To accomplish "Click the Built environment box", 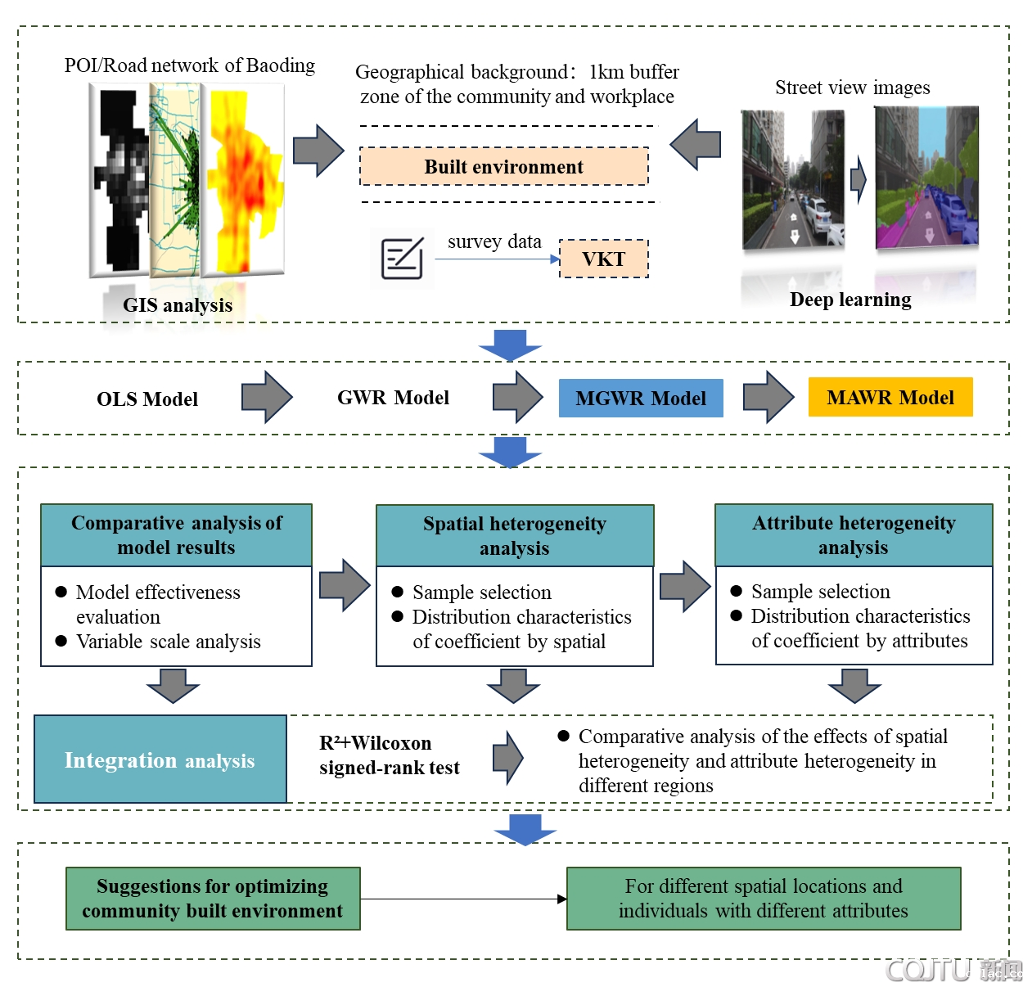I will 504,167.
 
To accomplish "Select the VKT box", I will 603,259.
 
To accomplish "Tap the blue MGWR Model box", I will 641,399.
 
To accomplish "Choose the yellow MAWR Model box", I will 890,398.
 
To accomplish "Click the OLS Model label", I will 147,399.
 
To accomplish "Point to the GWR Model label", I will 393,398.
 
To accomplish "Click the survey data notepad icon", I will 402,259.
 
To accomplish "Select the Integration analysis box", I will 160,760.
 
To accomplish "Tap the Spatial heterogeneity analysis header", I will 515,536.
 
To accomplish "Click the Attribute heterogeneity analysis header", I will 854,535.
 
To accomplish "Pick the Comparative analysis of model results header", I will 177,535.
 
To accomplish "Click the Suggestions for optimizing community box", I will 213,899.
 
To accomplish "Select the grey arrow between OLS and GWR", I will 267,398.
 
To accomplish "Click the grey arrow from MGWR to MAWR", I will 768,398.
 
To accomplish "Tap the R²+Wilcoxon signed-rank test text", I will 389,755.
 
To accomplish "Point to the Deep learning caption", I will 850,300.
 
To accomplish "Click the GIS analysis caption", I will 178,305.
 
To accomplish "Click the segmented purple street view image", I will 926,178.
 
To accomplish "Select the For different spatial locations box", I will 764,899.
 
